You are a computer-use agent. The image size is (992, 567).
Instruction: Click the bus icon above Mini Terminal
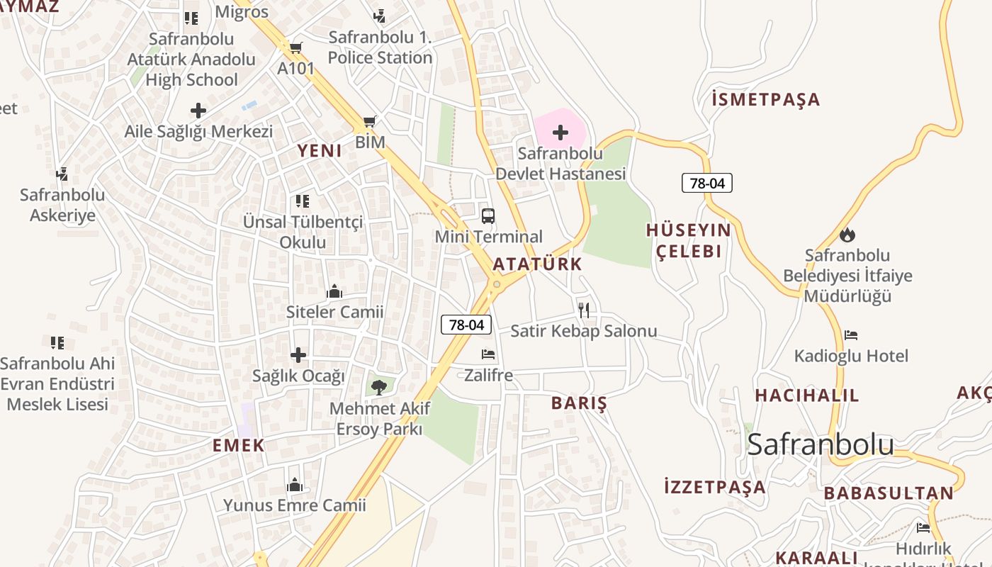487,216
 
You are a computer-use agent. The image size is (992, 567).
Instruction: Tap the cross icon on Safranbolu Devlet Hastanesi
560,133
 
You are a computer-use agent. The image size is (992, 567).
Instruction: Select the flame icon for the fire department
847,235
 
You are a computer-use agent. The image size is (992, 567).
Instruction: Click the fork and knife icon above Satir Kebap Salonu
583,310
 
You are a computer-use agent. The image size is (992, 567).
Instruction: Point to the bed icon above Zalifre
488,354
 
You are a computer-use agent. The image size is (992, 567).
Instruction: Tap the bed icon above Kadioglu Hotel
851,335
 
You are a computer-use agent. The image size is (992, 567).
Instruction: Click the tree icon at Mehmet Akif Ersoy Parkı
378,387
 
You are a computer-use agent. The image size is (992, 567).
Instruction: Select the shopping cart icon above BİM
368,122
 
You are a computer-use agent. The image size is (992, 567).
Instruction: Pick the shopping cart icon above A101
295,48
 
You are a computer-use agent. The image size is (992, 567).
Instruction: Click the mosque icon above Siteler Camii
334,291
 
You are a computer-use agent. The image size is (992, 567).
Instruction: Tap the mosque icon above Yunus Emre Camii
295,485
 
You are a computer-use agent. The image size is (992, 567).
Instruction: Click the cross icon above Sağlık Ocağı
298,354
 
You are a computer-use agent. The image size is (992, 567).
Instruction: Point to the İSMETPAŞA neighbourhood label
765,100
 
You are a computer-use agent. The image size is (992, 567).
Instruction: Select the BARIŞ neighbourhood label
579,403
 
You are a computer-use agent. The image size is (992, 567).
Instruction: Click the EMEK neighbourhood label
238,446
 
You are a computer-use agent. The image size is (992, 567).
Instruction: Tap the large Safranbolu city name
820,444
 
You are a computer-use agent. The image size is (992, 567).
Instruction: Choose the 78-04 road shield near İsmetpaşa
706,183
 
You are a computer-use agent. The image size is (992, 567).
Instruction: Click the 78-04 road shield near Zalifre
466,325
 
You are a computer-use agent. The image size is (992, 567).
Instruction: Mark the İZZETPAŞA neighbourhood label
714,487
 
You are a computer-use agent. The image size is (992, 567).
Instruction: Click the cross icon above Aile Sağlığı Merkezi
198,111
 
